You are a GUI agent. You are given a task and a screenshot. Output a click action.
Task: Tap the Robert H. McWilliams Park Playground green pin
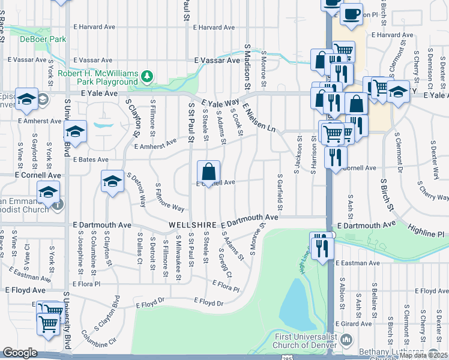tap(146, 77)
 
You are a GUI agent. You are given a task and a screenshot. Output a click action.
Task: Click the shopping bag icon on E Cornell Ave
tap(208, 172)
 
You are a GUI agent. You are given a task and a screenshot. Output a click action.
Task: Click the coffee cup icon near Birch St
tap(352, 14)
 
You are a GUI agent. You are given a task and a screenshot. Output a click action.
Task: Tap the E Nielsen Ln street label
tap(259, 118)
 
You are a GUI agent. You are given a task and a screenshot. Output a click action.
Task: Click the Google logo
tap(20, 352)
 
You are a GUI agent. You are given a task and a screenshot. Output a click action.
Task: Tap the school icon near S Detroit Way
tap(112, 182)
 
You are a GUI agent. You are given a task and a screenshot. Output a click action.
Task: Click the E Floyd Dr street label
tap(208, 303)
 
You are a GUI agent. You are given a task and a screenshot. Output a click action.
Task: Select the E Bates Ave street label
tap(91, 160)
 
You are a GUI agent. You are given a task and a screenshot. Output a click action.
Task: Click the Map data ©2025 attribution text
tap(423, 355)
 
